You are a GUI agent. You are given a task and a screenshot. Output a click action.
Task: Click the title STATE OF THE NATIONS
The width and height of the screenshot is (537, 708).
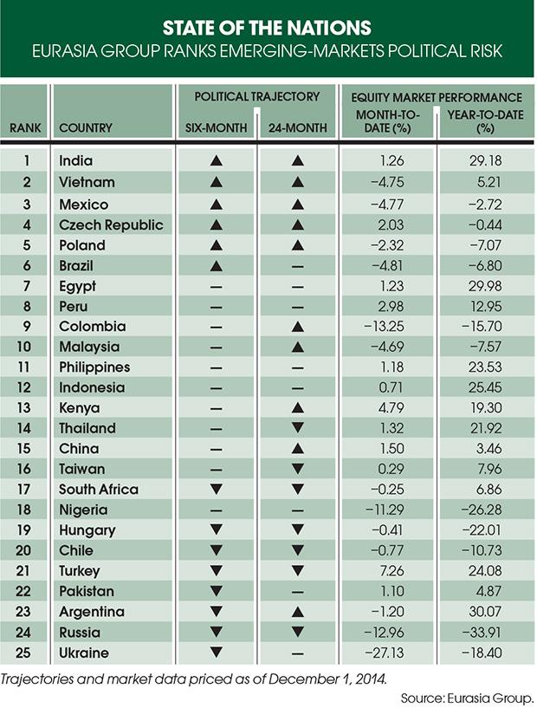[268, 26]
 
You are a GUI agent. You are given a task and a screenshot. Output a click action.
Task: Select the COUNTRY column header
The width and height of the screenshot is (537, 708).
[86, 128]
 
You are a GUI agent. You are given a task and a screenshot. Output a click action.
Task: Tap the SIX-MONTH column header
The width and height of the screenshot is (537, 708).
[217, 128]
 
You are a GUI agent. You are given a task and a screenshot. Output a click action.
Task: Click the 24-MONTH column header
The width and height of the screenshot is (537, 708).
[298, 128]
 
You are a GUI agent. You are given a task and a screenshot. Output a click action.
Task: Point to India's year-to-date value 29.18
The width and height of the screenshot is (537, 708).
[485, 161]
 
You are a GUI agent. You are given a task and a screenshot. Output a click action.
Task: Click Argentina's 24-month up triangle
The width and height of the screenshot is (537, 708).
[298, 612]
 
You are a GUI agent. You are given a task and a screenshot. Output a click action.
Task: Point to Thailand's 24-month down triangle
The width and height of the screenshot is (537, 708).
[298, 429]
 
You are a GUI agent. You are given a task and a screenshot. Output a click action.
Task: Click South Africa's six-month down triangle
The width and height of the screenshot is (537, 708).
[217, 490]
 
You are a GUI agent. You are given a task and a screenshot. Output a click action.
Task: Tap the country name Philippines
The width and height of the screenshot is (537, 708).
[94, 367]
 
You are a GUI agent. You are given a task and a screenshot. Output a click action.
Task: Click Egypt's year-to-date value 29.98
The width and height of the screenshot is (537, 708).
[485, 286]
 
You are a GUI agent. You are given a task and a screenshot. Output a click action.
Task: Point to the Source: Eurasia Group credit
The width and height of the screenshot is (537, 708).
[468, 697]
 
